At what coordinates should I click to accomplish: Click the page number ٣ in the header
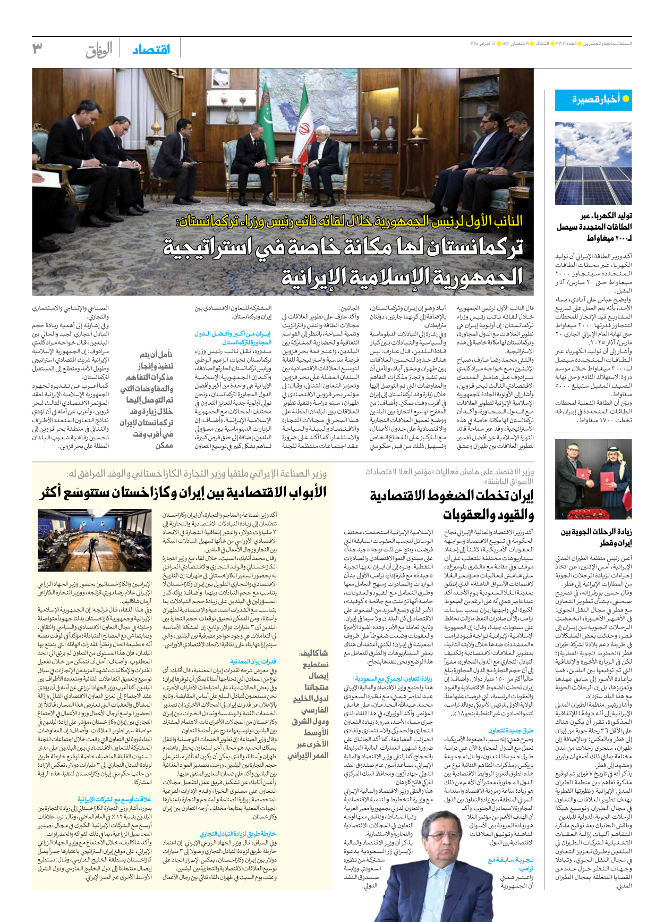tap(37, 48)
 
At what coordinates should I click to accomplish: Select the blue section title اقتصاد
tap(151, 49)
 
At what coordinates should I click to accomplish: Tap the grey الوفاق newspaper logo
tap(99, 50)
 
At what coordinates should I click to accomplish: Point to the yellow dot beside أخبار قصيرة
tap(625, 99)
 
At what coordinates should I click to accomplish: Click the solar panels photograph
tap(593, 163)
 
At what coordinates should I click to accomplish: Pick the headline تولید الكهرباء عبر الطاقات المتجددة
tap(593, 227)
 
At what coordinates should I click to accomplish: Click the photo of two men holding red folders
tap(593, 479)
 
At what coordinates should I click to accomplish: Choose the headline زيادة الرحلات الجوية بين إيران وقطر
tap(596, 537)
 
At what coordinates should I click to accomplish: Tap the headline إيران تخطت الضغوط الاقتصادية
tap(452, 505)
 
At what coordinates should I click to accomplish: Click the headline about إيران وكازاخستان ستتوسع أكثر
tap(183, 492)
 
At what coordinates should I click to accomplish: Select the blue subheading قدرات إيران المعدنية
tap(253, 661)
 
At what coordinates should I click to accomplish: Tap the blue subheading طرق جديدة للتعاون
tap(510, 730)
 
